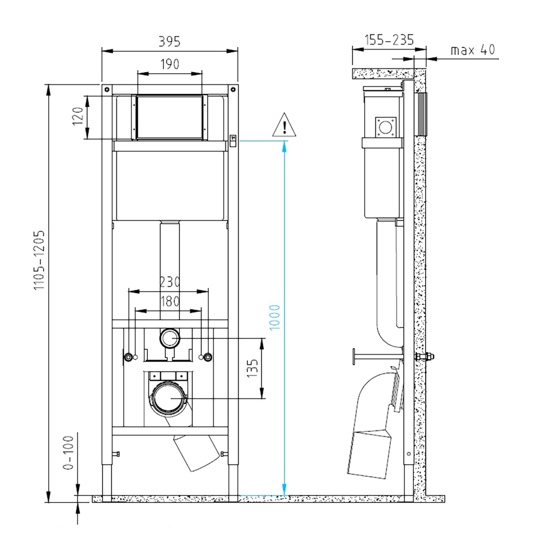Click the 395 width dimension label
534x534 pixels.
pos(170,41)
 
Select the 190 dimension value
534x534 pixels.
pos(170,64)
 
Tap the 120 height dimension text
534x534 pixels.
pos(78,116)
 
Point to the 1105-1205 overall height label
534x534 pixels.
pos(39,260)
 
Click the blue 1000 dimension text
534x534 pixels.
pos(274,317)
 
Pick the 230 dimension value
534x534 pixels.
pos(170,281)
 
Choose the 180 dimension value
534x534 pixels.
pos(170,301)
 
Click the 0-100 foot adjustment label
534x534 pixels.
pos(68,452)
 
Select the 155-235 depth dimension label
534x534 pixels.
pos(389,40)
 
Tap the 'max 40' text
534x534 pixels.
pos(473,50)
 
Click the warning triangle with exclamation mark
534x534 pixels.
pos(285,127)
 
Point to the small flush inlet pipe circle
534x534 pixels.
pos(170,339)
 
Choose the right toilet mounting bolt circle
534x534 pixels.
pos(208,357)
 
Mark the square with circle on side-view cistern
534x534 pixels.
pos(385,127)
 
